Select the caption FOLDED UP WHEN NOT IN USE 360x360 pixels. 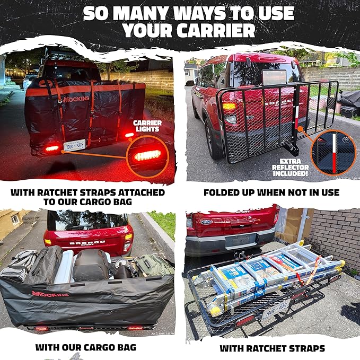click(x=271, y=192)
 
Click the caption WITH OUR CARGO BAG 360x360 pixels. click(x=85, y=348)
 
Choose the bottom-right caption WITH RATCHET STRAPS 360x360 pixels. click(x=272, y=348)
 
